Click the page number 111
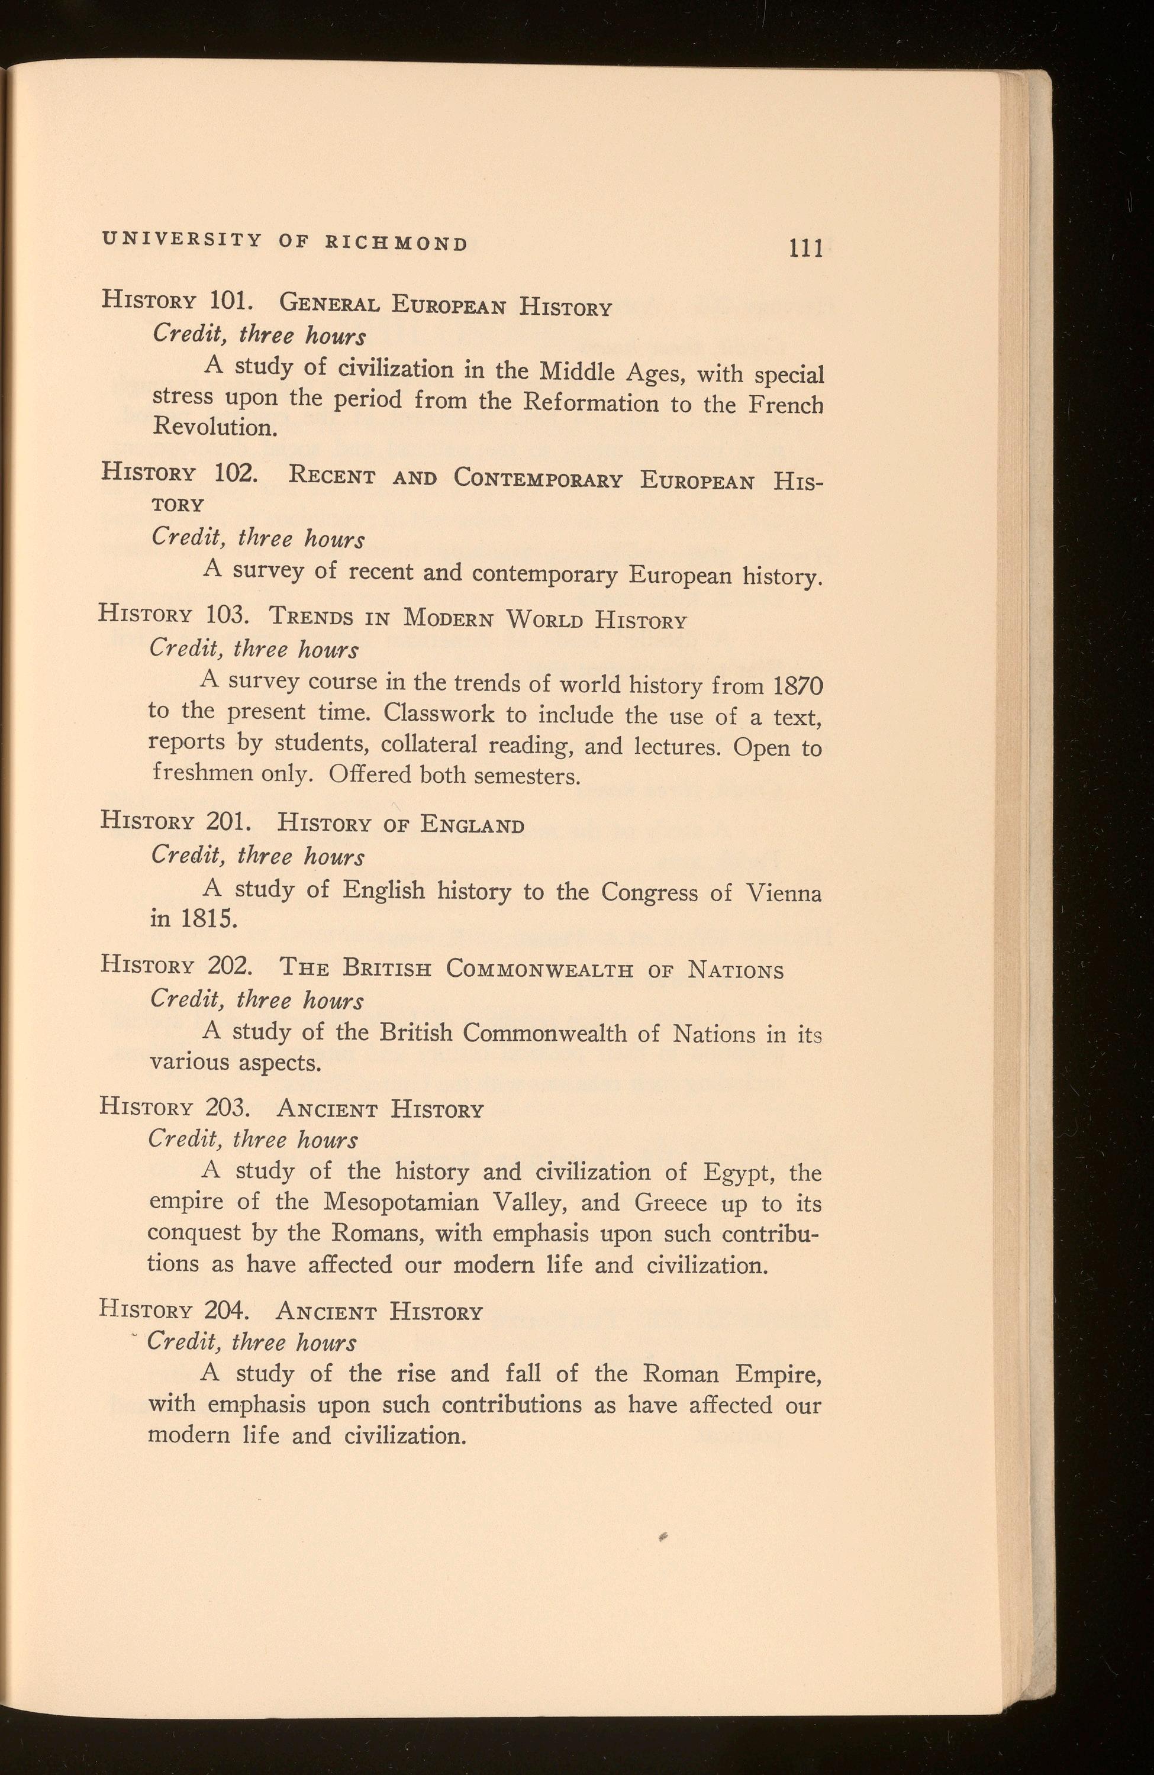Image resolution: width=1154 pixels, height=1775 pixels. [807, 247]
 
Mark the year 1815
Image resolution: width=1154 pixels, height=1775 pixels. [208, 919]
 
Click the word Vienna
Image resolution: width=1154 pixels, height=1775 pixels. [784, 893]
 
